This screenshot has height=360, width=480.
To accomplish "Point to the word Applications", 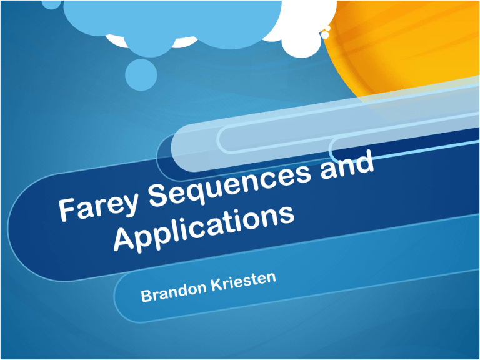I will pos(204,229).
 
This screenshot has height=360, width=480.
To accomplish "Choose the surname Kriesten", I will pos(244,281).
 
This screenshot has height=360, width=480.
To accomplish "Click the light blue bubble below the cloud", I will pos(141,74).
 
